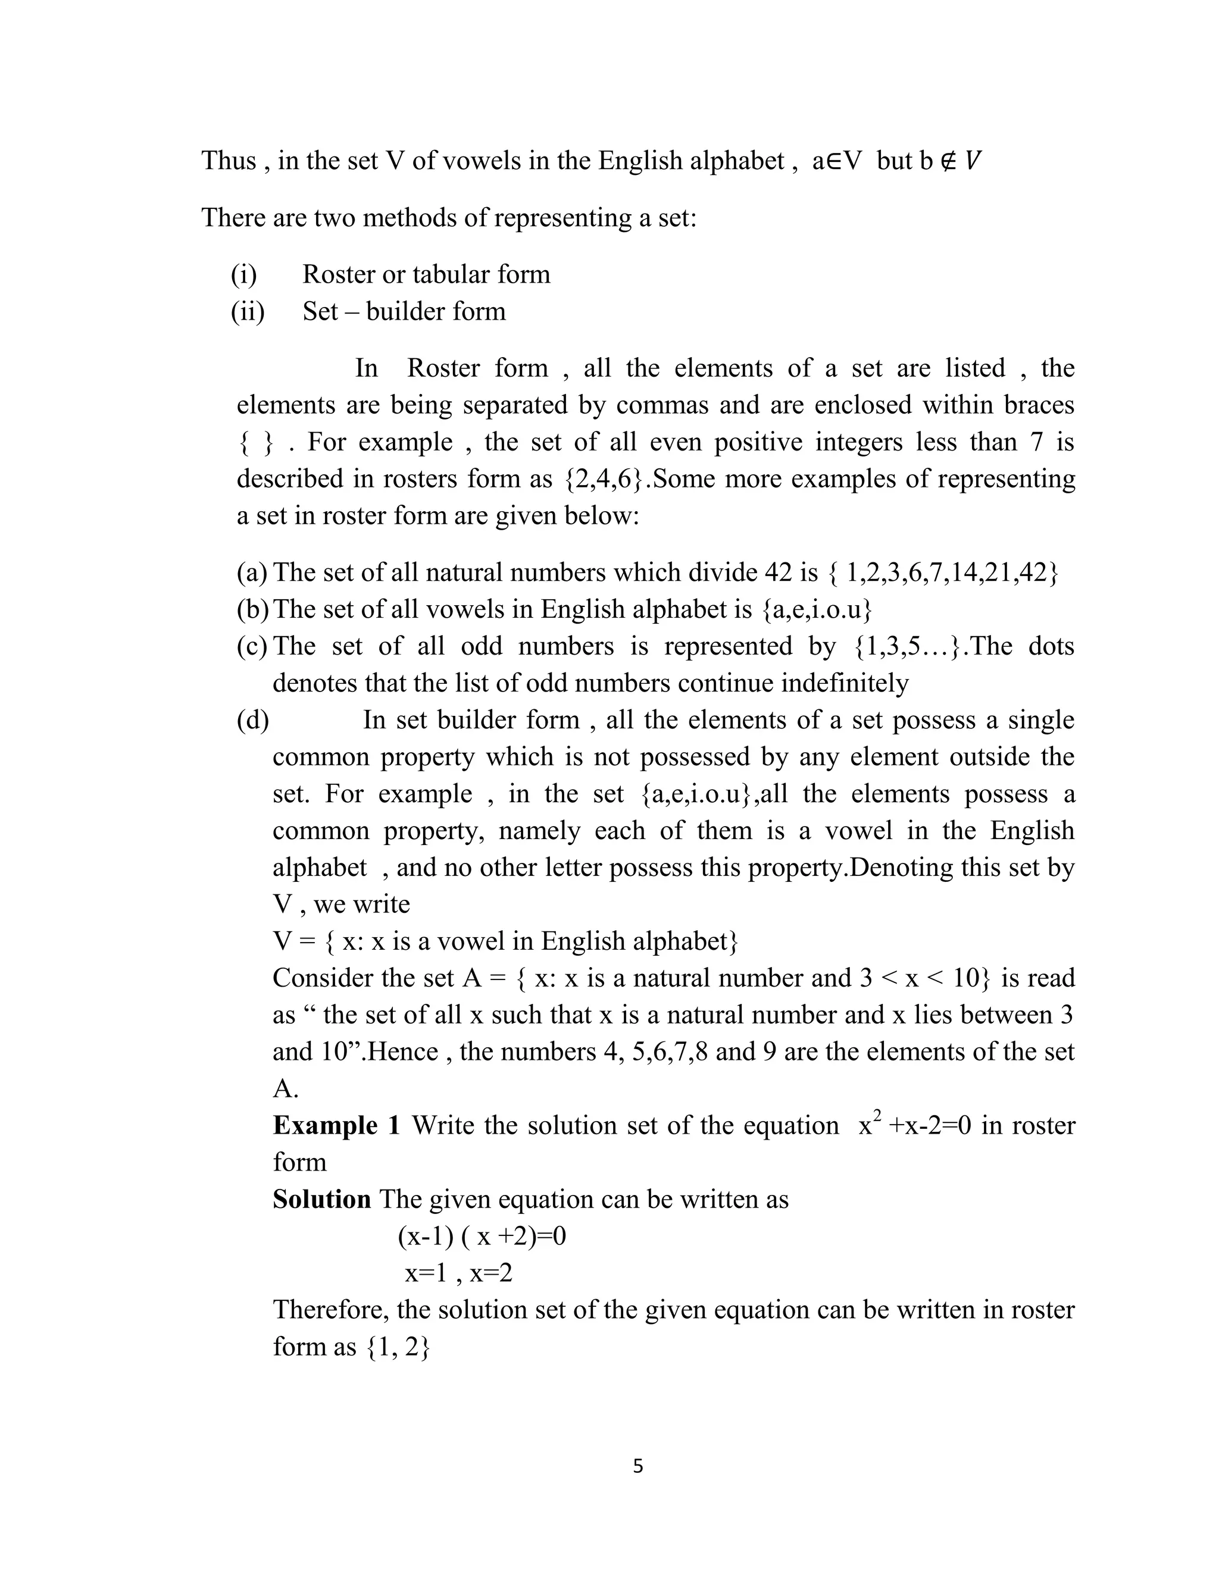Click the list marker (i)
tap(244, 274)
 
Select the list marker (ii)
tap(248, 311)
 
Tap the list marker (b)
tap(253, 609)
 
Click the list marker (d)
tap(253, 720)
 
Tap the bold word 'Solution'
tap(321, 1199)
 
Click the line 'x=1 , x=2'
tap(458, 1272)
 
